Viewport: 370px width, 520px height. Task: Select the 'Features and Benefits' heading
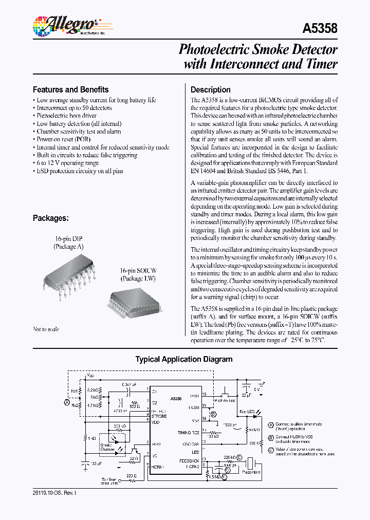click(x=70, y=89)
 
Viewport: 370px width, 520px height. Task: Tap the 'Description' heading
click(x=210, y=89)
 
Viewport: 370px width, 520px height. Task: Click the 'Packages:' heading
click(x=50, y=218)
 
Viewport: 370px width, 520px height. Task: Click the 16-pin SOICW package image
click(x=132, y=303)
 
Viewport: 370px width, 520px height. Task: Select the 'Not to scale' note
click(x=46, y=329)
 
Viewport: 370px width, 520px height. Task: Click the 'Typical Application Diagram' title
click(x=183, y=360)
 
